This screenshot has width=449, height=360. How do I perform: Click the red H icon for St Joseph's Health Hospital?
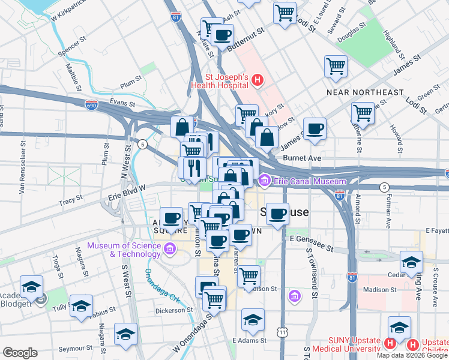point(258,79)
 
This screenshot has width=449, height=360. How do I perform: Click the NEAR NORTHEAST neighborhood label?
point(365,92)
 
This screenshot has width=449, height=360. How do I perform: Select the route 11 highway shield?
point(282,332)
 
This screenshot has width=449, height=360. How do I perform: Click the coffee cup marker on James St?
point(314,128)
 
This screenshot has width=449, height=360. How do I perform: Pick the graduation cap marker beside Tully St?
point(81,306)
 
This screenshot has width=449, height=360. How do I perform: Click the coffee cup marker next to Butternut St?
point(223,35)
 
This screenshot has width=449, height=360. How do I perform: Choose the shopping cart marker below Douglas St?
point(336,66)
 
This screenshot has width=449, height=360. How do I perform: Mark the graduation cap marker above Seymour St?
point(125,334)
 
